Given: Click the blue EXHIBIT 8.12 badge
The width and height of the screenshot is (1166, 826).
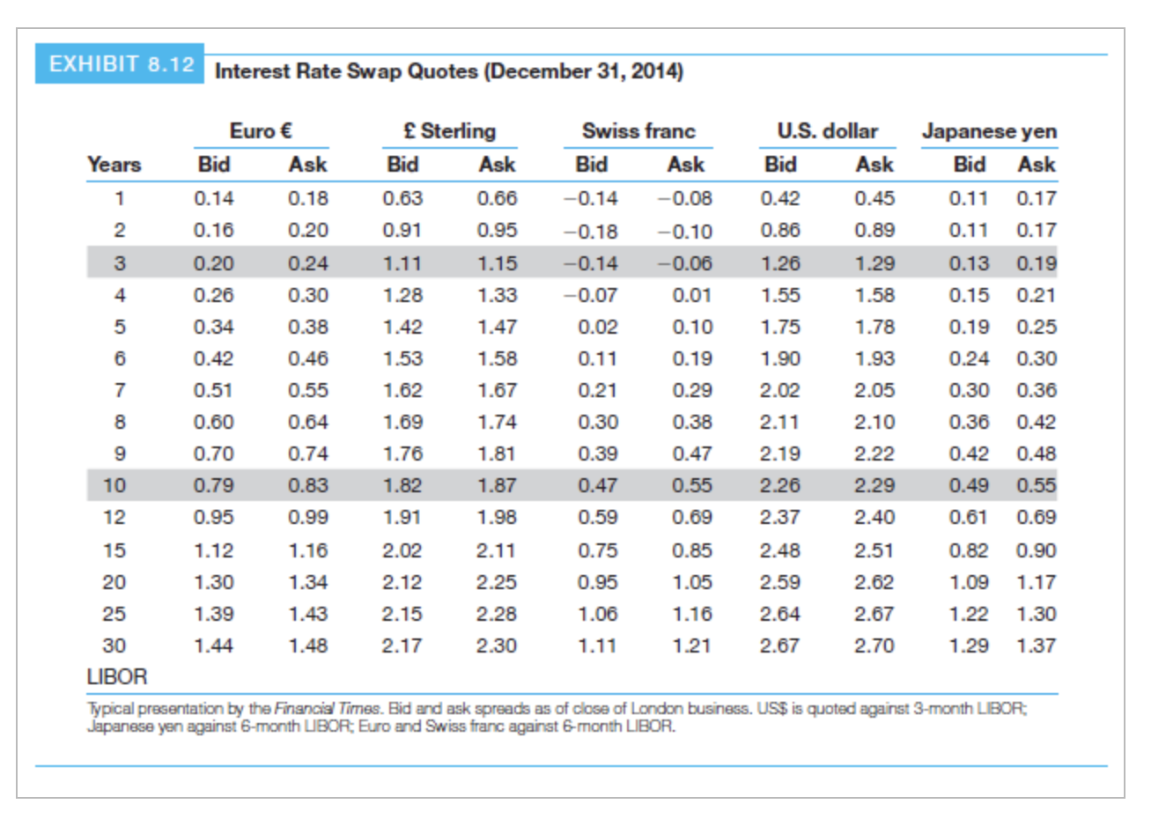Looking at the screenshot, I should (120, 64).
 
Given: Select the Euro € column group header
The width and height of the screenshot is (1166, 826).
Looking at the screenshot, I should (261, 131).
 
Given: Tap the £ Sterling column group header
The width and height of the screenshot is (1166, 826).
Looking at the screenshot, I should (449, 131).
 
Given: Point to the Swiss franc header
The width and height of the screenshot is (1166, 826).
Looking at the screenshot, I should (638, 131).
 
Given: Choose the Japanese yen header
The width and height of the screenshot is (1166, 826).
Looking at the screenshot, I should (988, 131).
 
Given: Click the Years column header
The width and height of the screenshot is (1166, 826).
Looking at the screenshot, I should (114, 165).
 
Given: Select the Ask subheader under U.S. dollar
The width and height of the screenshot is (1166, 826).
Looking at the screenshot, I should (874, 165).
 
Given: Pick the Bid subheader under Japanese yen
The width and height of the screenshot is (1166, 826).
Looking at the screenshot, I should (969, 165).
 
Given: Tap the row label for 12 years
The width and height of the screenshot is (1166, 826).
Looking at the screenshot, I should (114, 517).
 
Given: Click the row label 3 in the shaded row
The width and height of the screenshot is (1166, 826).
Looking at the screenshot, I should (119, 263).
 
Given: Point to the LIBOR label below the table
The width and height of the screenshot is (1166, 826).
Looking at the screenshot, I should (117, 676).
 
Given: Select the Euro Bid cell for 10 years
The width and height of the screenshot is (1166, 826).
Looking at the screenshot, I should (213, 485).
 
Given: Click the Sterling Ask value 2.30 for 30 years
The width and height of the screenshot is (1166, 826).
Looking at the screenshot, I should (496, 645).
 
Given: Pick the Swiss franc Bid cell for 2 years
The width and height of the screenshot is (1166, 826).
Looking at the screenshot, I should (592, 232).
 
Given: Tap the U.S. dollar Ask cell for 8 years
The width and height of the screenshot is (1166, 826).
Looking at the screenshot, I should (874, 422).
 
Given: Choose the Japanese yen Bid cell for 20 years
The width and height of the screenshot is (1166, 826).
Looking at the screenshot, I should (969, 582).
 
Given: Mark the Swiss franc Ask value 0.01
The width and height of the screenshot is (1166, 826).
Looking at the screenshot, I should (691, 295).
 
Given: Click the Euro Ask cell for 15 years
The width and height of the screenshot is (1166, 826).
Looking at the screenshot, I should (307, 550).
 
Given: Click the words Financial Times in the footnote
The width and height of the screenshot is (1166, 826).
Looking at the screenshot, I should (328, 708).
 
